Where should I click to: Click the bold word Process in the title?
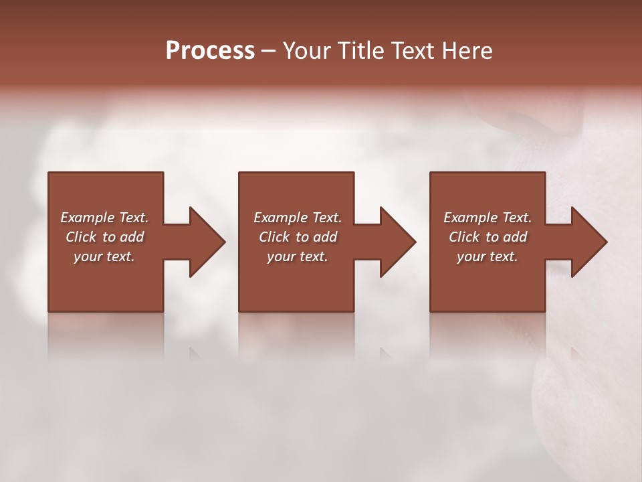tap(210, 51)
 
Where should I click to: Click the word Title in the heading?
tap(360, 51)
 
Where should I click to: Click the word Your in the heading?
tap(307, 51)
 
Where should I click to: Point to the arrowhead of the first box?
tap(207, 242)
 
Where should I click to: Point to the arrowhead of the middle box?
tap(397, 242)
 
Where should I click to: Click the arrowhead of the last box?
tap(588, 242)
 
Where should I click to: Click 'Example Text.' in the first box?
tap(104, 218)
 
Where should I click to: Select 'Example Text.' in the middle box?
tap(298, 218)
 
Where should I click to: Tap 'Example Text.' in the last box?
tap(488, 218)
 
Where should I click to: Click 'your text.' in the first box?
tap(104, 256)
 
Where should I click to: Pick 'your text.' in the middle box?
tap(298, 256)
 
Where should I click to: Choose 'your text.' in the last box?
tap(488, 256)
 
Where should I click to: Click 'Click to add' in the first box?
tap(104, 237)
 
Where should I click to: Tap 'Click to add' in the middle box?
tap(298, 237)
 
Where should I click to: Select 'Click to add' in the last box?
tap(488, 237)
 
